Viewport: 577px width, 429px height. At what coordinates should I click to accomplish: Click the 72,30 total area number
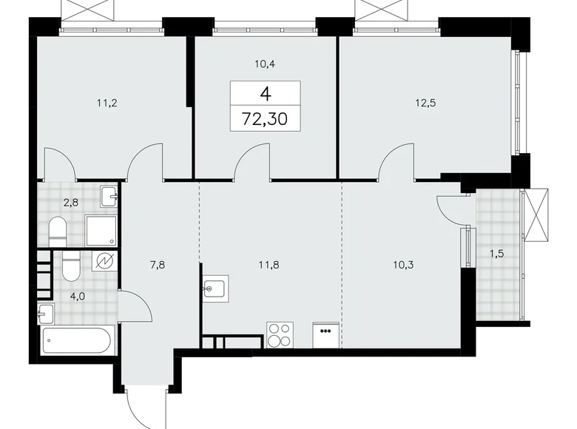(266, 118)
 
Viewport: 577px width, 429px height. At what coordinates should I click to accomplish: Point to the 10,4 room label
(266, 64)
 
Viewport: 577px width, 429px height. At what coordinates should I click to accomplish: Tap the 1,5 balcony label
(497, 254)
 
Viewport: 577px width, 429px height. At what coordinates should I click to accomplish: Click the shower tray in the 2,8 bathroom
(101, 231)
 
